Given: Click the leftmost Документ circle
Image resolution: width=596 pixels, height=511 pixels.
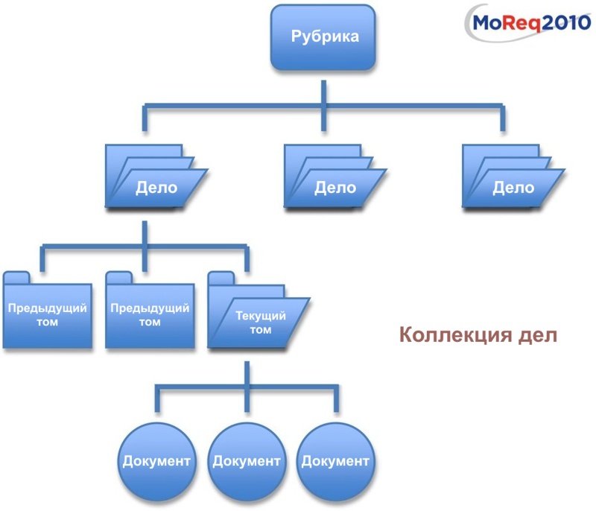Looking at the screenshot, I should (x=156, y=460).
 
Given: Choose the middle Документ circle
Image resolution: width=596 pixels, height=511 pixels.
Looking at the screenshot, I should (x=247, y=460).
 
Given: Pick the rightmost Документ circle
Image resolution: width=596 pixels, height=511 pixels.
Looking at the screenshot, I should (x=335, y=460).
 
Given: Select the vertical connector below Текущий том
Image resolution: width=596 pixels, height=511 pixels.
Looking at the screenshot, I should (x=247, y=372).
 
